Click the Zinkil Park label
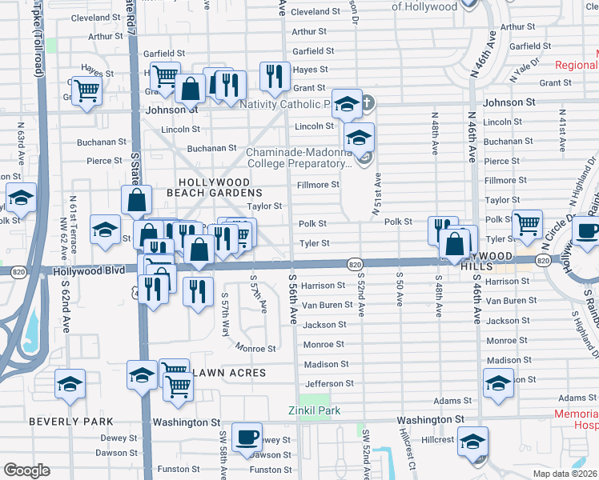314,410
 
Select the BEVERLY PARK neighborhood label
70,421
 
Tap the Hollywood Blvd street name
89,270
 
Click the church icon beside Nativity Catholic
367,103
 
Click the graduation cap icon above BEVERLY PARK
70,384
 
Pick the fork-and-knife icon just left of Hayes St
275,75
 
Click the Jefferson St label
328,383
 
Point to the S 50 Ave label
399,294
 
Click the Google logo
26,470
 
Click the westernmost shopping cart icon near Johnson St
86,91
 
